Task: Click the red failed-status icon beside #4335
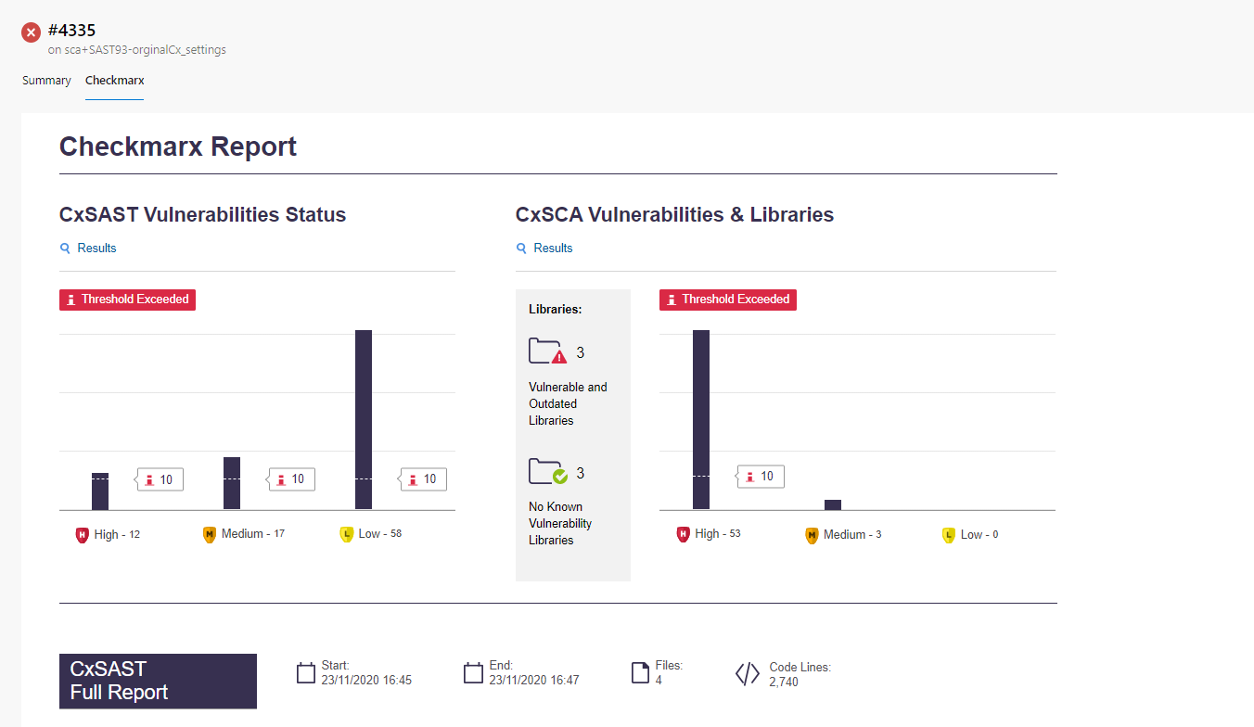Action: click(31, 32)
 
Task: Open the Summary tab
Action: click(46, 81)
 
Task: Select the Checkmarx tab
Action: click(114, 81)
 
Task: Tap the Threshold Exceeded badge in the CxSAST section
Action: click(128, 300)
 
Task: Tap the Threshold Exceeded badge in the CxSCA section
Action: click(728, 300)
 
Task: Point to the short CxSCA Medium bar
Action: click(833, 504)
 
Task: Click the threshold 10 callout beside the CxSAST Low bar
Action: click(424, 479)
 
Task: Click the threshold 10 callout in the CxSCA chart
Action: click(761, 477)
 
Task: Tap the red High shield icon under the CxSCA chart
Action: click(684, 534)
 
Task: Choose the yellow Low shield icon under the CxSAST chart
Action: click(347, 534)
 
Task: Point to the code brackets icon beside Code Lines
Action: click(747, 674)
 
